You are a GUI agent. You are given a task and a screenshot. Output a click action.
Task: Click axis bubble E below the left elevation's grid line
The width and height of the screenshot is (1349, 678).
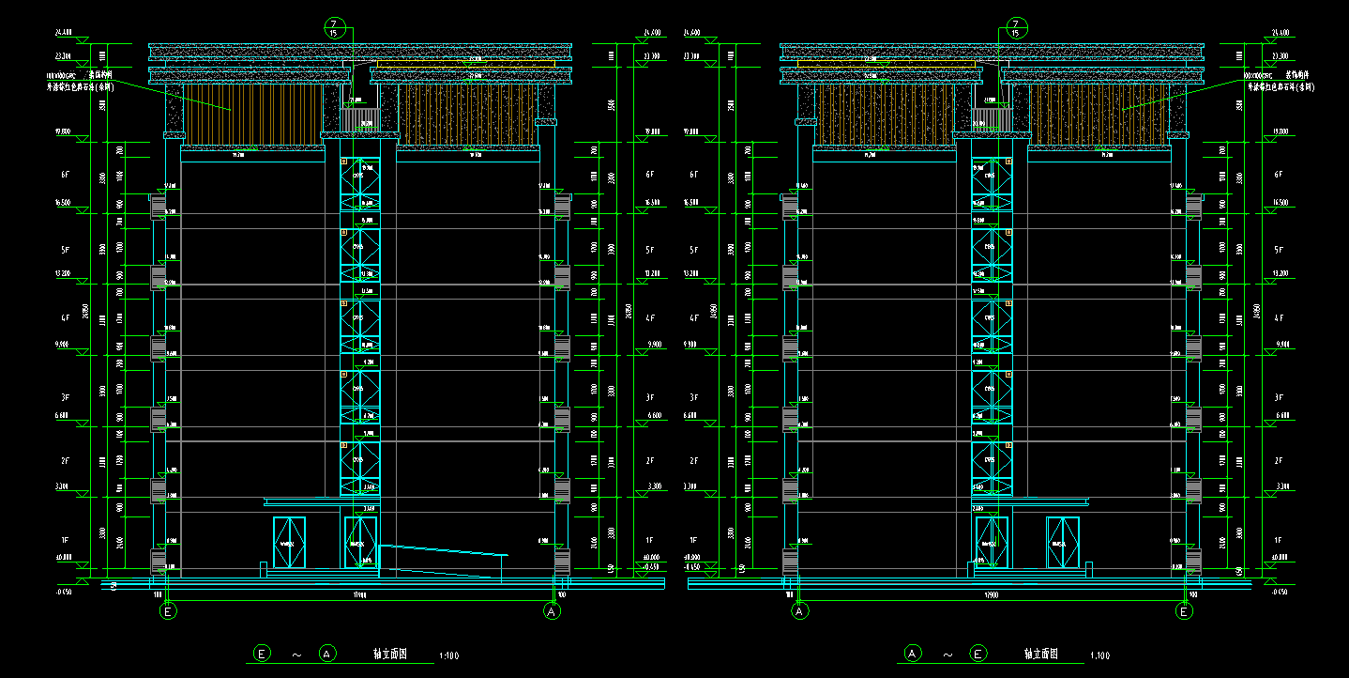pyautogui.click(x=169, y=611)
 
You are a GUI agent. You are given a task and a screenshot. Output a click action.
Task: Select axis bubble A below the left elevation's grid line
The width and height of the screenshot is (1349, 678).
pyautogui.click(x=553, y=611)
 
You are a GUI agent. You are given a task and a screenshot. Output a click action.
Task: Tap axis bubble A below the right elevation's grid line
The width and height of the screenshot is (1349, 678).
pyautogui.click(x=800, y=611)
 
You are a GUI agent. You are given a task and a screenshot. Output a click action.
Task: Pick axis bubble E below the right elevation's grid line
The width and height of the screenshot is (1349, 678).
pyautogui.click(x=1185, y=611)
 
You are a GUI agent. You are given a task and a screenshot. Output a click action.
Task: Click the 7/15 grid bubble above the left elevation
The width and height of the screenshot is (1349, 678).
pyautogui.click(x=333, y=27)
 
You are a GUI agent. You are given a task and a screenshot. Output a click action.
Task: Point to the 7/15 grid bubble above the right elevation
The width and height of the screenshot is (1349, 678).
pyautogui.click(x=1016, y=27)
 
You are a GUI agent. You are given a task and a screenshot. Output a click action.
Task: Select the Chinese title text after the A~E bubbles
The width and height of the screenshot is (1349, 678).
pyautogui.click(x=1040, y=654)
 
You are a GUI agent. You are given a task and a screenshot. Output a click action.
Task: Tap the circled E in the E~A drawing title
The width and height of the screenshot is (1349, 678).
pyautogui.click(x=263, y=653)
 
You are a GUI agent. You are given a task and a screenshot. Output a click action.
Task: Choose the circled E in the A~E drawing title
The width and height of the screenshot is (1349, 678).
pyautogui.click(x=978, y=653)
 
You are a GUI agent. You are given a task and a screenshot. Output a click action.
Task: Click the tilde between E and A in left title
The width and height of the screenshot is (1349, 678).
pyautogui.click(x=296, y=654)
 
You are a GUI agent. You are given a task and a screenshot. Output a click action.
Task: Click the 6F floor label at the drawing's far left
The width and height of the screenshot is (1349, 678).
pyautogui.click(x=65, y=175)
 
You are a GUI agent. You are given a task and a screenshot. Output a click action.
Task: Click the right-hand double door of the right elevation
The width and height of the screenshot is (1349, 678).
pyautogui.click(x=1063, y=542)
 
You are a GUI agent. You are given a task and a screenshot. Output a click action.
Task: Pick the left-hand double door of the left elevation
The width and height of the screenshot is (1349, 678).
pyautogui.click(x=289, y=542)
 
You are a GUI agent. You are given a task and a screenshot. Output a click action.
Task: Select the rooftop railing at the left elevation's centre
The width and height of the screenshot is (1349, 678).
pyautogui.click(x=360, y=119)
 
